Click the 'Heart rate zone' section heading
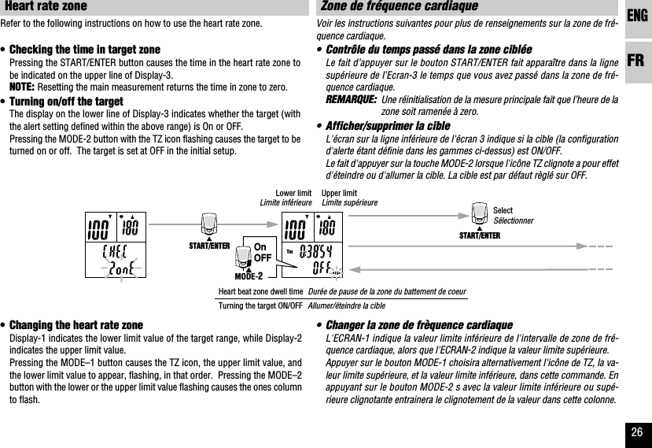click(46, 7)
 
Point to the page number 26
click(637, 432)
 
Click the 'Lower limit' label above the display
click(293, 193)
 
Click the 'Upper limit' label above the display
click(339, 193)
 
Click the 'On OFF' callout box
click(263, 253)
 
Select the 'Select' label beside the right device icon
click(503, 211)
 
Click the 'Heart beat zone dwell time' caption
click(261, 291)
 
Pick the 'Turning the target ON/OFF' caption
click(260, 305)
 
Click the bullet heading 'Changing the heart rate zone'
click(76, 325)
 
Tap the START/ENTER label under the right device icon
click(480, 235)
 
